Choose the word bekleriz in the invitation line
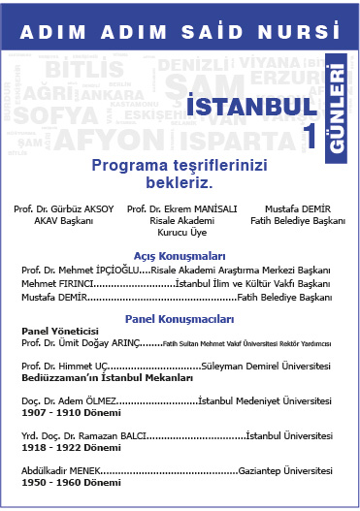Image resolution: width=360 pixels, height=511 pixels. coord(180,181)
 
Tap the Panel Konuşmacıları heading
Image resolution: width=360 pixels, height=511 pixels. coord(180,318)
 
